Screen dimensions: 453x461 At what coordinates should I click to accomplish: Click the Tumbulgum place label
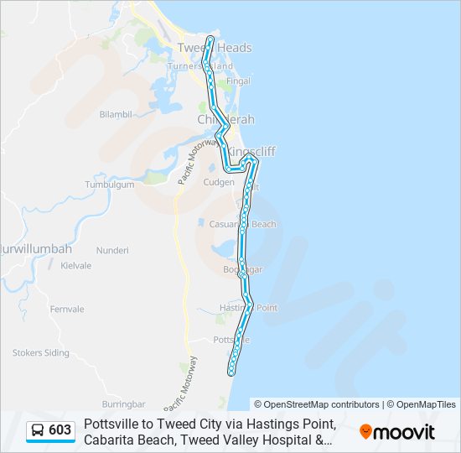110,185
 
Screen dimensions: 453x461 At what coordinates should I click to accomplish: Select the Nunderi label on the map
112,250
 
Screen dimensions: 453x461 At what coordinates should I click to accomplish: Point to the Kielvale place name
75,265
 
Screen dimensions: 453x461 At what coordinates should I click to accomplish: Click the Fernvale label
67,310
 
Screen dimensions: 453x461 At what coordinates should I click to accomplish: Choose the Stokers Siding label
40,353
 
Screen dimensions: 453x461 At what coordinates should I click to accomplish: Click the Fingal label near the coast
239,81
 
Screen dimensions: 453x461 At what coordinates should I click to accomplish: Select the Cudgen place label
219,182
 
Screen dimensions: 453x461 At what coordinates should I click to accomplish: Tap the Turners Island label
199,65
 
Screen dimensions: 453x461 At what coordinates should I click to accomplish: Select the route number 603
60,430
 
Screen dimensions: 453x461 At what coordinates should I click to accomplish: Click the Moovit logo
397,431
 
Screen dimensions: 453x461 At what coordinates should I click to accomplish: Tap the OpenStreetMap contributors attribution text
317,404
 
